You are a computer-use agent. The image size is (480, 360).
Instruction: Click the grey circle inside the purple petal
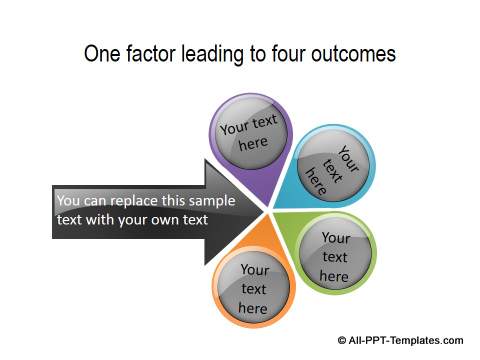point(249,135)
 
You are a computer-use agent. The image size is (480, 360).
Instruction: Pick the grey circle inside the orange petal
point(254,287)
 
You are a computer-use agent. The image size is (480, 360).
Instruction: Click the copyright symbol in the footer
point(344,340)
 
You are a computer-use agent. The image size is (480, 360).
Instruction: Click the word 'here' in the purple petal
point(253,145)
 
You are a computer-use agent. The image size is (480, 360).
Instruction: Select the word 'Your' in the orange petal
point(254,269)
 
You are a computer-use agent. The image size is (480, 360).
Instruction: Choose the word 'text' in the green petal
point(335,256)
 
